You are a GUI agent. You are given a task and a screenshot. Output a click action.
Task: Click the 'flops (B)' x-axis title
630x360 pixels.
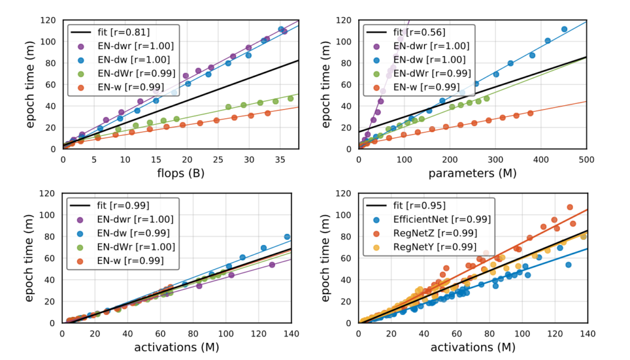(181, 173)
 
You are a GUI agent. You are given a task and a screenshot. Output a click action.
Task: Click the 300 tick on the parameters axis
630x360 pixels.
(495, 159)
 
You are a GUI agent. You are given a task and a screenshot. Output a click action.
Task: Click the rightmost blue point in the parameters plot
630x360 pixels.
(564, 29)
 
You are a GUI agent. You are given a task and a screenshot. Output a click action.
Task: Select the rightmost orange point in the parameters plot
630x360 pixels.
(530, 113)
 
